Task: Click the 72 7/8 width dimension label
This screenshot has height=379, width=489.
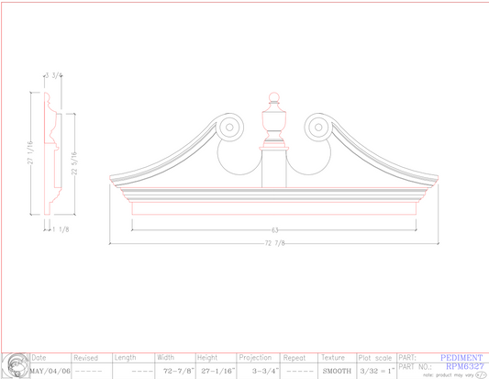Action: pos(274,243)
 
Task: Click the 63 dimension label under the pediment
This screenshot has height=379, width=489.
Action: pos(274,229)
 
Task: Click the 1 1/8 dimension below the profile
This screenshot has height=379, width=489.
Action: pos(61,229)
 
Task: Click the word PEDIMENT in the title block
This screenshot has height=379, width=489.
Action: pos(461,357)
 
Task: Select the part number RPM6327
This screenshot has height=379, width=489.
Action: pos(464,365)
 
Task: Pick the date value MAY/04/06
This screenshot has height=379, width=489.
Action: pos(50,370)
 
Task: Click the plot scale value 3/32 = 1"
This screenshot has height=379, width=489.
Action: pos(376,371)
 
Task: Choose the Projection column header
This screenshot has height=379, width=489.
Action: pos(255,357)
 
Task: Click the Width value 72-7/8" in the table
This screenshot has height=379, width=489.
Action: pos(174,371)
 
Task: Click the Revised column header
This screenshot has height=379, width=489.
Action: pos(85,357)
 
